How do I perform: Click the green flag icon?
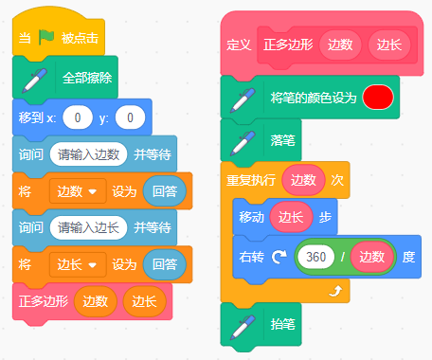click(46, 37)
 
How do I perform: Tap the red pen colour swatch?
click(378, 98)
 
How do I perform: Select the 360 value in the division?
click(315, 257)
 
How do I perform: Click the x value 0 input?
click(78, 117)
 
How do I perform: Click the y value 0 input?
click(130, 117)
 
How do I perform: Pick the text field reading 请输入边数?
click(88, 154)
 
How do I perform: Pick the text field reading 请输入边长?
click(88, 227)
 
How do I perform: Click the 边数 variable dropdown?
click(78, 191)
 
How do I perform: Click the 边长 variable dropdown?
click(78, 264)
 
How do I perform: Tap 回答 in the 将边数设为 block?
click(165, 191)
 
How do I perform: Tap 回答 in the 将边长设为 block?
click(165, 264)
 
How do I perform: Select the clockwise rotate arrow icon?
click(279, 257)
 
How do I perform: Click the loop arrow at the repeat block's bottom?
click(335, 291)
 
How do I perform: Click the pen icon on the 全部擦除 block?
click(34, 81)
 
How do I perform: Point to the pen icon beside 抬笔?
click(243, 327)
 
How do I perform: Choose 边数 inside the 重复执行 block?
click(303, 180)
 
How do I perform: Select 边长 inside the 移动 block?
click(291, 217)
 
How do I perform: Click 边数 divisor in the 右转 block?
click(371, 257)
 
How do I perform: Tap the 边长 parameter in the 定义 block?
click(389, 45)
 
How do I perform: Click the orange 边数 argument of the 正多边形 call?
click(96, 301)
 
